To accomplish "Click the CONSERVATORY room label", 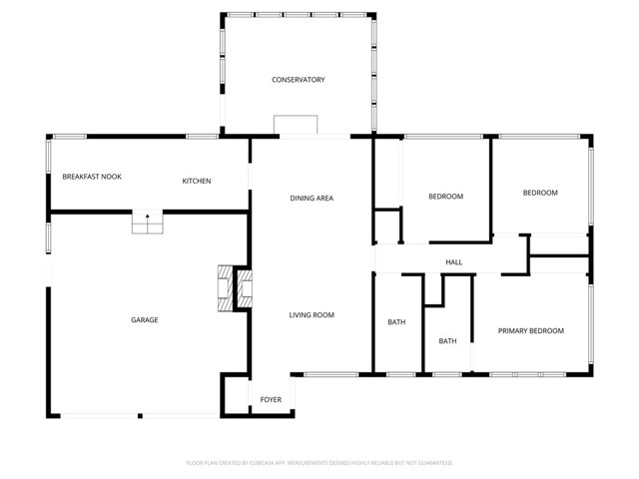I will [299, 80].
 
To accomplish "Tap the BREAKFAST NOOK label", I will [92, 177].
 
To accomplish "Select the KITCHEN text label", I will [196, 181].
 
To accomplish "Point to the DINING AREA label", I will [312, 199].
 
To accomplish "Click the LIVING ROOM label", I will [312, 315].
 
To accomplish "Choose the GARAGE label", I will [145, 320].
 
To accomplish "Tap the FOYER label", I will [271, 400].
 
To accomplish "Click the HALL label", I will [453, 262].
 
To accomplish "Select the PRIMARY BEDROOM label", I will [531, 331].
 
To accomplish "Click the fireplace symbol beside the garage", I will [238, 289].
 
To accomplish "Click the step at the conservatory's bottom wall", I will [297, 125].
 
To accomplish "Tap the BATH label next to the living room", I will [396, 322].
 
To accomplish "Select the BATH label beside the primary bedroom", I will [447, 341].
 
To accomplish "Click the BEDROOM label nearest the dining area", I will [445, 197].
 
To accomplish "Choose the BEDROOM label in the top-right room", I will [540, 193].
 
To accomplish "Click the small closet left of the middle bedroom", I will [386, 226].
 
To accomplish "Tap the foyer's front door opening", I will [270, 415].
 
